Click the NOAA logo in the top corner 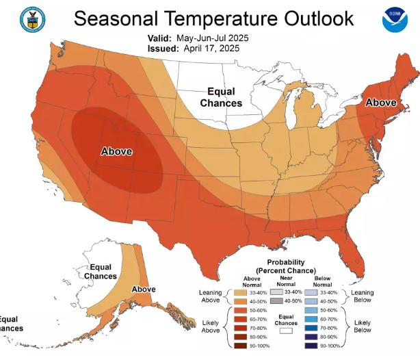point(395,19)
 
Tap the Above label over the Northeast point(382,103)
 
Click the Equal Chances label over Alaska point(100,271)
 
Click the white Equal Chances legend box point(287,329)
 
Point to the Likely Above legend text point(212,327)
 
